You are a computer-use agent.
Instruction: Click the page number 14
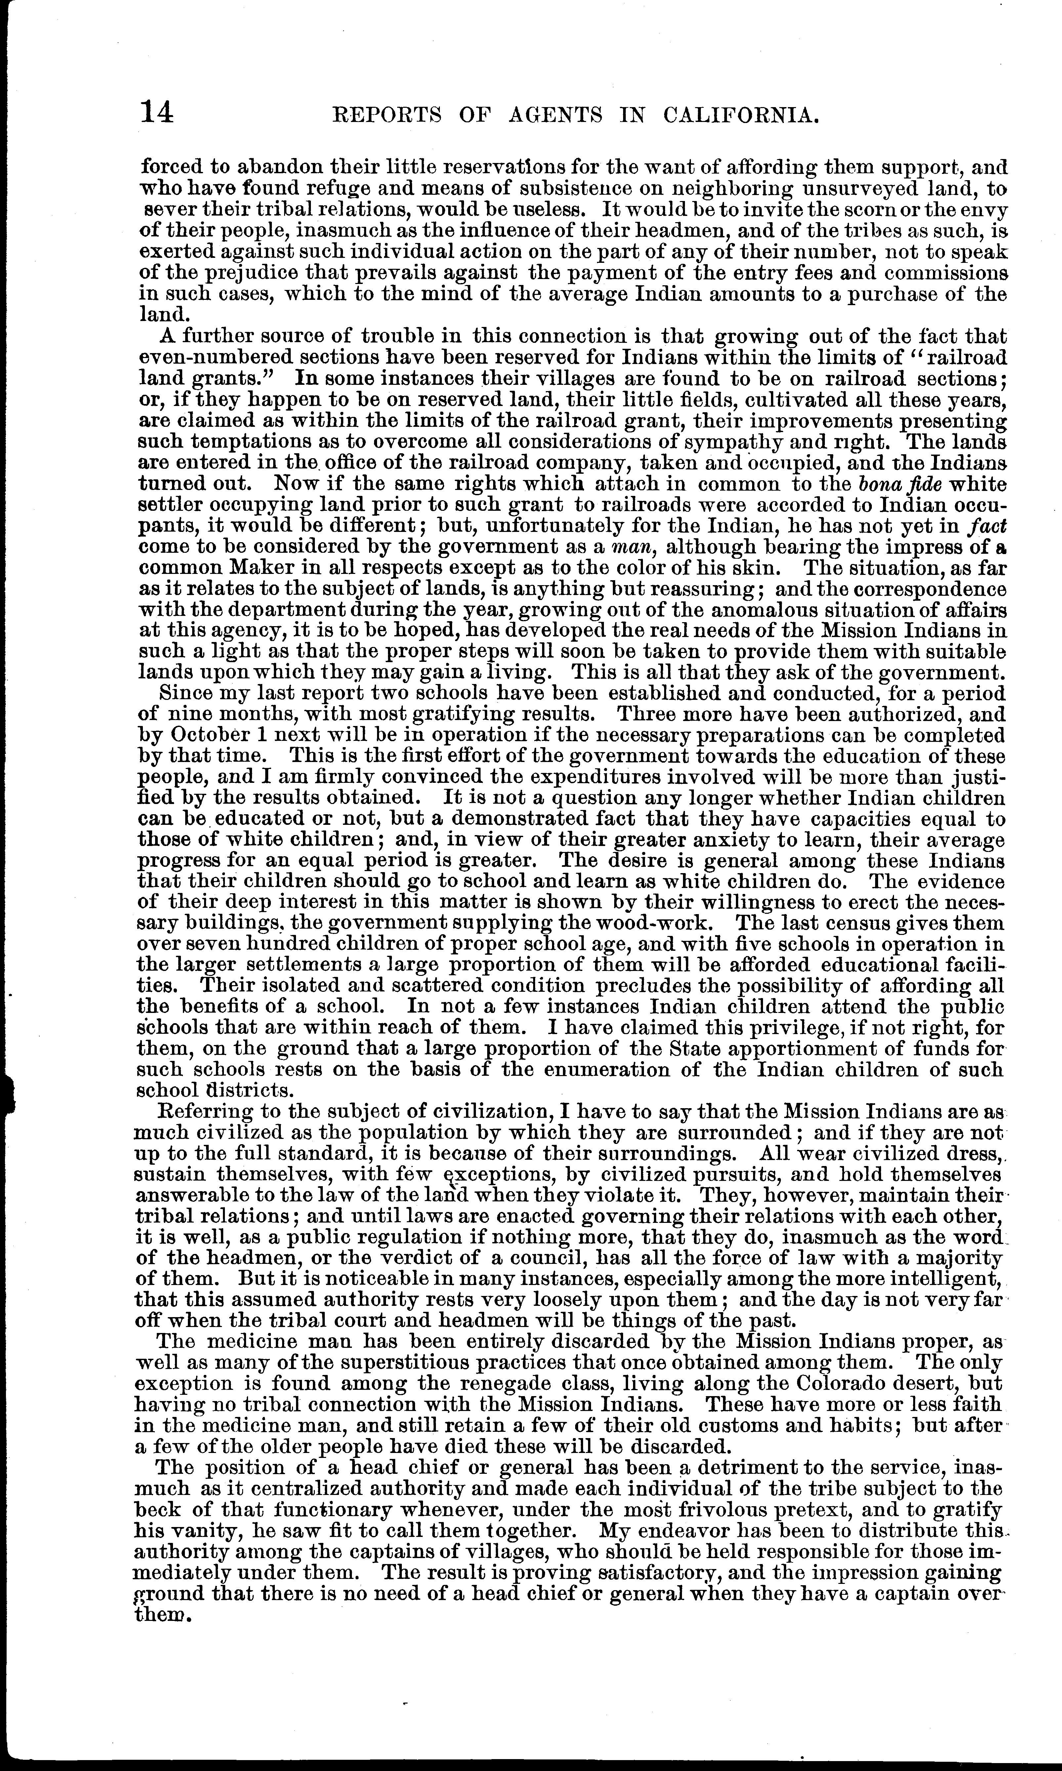[x=157, y=112]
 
